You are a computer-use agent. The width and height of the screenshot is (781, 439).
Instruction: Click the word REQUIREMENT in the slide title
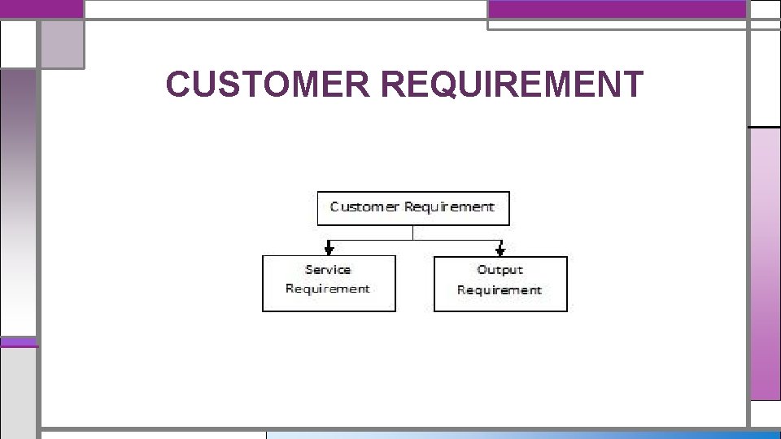pos(511,85)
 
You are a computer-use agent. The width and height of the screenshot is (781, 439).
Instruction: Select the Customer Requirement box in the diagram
pos(412,208)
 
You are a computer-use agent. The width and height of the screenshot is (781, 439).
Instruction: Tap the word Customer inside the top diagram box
pos(364,206)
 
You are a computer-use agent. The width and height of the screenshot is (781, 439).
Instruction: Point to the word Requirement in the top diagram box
pos(449,206)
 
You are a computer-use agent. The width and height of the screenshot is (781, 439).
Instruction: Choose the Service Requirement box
pos(329,283)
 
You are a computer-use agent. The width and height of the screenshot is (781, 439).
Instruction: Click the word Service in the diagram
pos(328,270)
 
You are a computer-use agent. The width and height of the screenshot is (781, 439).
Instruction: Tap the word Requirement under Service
pos(328,289)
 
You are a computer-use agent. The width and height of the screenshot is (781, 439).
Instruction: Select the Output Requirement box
pos(500,284)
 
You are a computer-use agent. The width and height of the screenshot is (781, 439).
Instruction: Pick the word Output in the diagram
pos(500,270)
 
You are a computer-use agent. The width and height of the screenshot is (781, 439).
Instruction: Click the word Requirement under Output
pos(500,290)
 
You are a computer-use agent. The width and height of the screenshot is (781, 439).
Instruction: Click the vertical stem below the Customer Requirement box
pos(413,233)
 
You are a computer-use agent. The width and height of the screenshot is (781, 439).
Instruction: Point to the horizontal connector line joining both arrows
pos(413,240)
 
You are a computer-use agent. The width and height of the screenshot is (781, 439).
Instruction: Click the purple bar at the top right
pos(617,9)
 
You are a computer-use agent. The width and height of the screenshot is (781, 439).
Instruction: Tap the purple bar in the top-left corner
pos(41,9)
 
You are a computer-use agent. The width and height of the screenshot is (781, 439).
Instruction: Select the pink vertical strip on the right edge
pos(765,264)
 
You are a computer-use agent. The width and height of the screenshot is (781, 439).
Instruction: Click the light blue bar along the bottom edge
pos(521,434)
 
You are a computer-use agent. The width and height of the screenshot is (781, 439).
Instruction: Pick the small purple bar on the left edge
pos(18,342)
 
